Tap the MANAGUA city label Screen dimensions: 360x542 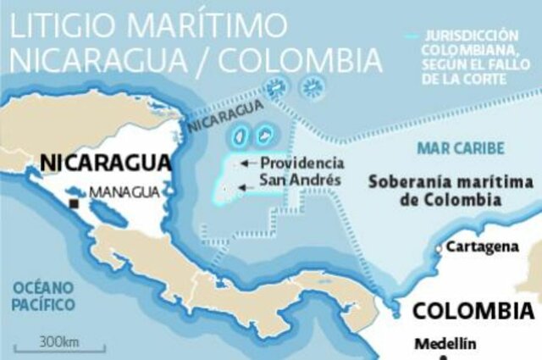coord(124,191)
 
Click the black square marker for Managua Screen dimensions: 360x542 coord(75,203)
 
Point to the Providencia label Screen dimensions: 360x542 coord(301,163)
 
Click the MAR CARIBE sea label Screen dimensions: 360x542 coord(461,148)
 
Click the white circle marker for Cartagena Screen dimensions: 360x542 coord(439,248)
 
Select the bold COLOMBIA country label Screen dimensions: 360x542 coord(473,310)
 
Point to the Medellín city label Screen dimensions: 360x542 coord(445,344)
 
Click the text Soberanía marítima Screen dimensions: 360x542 coord(449,182)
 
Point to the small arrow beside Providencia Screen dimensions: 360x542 coord(245,163)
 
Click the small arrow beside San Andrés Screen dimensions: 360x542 coord(245,188)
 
